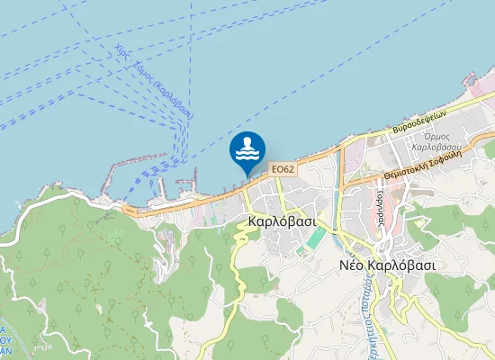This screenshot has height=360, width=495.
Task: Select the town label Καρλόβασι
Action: coord(280,220)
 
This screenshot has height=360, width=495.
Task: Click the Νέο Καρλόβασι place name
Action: coord(388,265)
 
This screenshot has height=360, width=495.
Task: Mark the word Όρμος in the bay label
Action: coord(435,135)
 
